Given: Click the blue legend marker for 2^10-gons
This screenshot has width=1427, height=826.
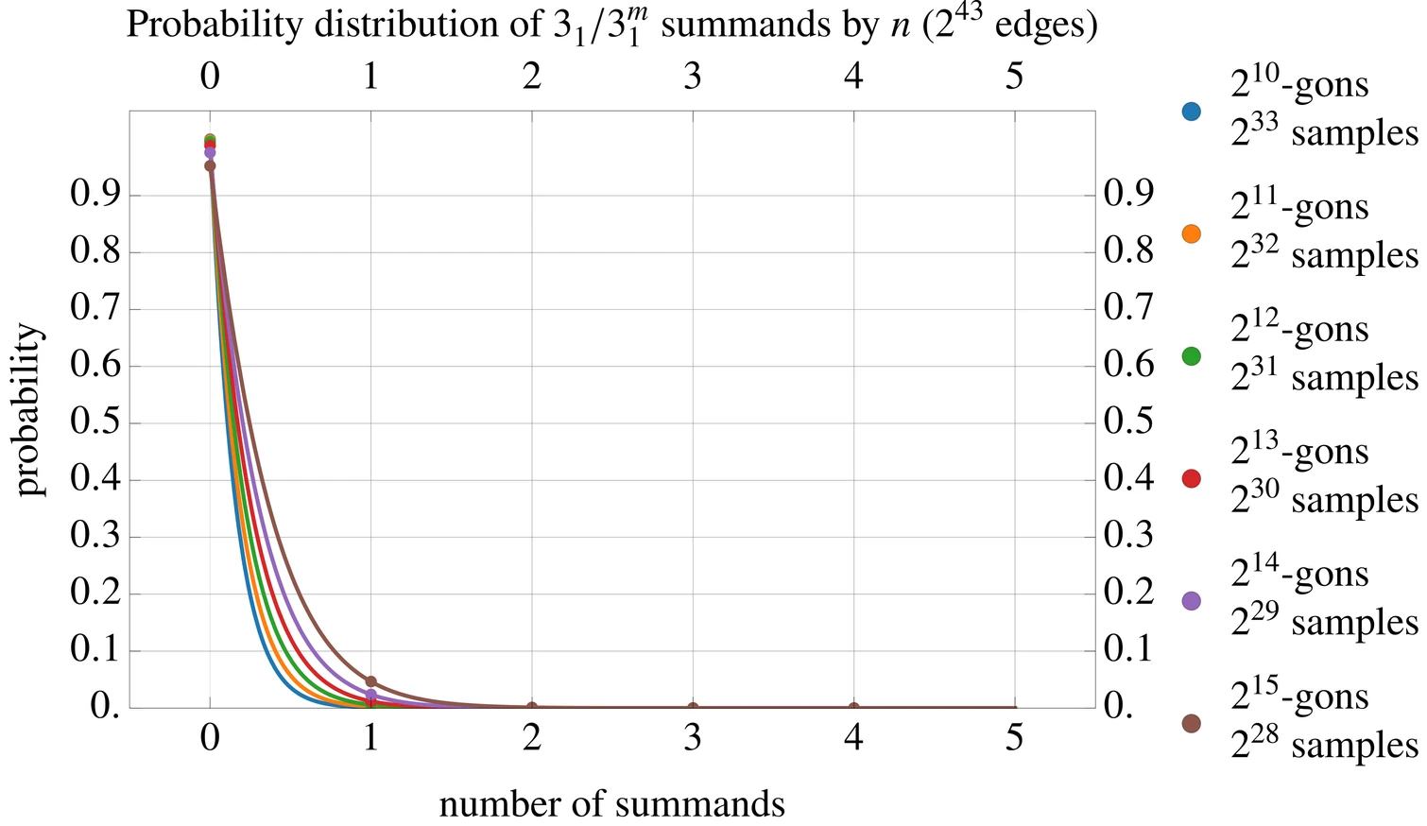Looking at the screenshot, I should point(1191,112).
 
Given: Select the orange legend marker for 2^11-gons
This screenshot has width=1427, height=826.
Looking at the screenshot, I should point(1191,233).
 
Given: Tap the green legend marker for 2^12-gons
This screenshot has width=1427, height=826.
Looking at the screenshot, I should point(1191,356).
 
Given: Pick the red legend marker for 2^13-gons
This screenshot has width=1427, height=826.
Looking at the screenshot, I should point(1191,478).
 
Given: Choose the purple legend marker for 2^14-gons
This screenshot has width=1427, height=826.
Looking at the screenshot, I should point(1191,601).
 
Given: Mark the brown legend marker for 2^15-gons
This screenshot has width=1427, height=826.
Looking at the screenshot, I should point(1191,723).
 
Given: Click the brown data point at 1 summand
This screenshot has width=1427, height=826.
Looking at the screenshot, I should point(371,681).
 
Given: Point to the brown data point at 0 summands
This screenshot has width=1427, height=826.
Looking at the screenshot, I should point(210,165).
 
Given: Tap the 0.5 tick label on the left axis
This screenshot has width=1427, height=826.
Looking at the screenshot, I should point(95,422).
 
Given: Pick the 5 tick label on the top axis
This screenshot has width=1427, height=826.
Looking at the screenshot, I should point(1014,77).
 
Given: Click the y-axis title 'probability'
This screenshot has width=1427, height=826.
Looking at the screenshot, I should point(30,409).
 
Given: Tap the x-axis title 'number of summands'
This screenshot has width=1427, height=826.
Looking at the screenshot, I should point(611,804).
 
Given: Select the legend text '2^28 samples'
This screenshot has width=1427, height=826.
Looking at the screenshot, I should point(1324,745).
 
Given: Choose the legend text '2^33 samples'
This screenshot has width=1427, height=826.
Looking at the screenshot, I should point(1324,133).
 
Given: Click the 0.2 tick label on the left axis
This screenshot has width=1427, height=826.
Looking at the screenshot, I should point(95,594).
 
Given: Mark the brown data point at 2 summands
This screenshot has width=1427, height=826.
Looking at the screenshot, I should point(532,707).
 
